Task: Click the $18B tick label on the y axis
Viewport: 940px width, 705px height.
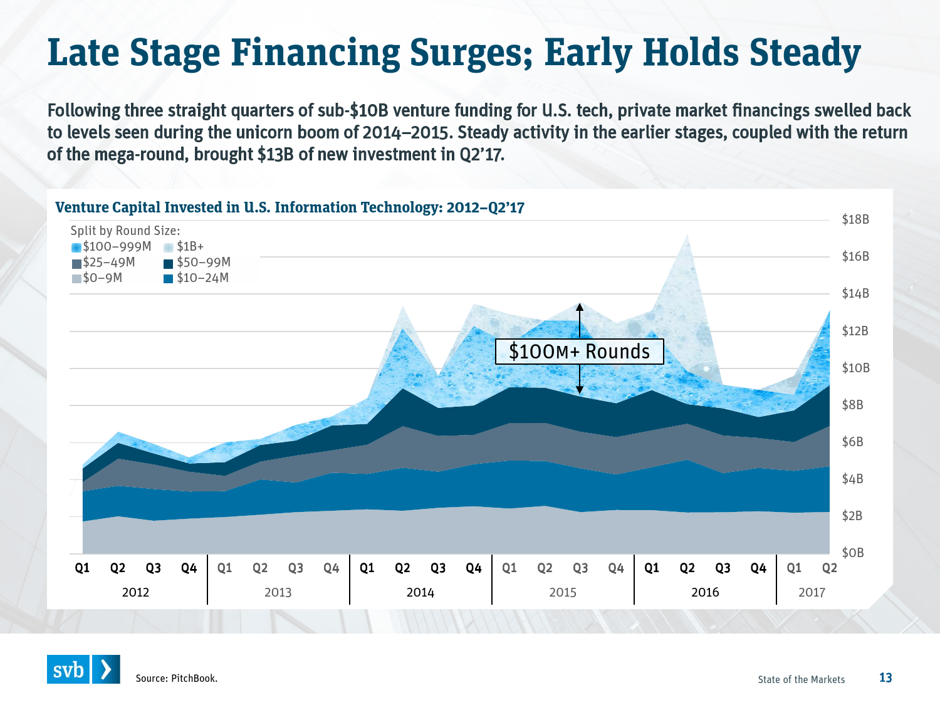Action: pyautogui.click(x=855, y=219)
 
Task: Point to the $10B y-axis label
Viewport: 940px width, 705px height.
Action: pyautogui.click(x=855, y=368)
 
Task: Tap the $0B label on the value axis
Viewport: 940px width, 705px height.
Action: pyautogui.click(x=853, y=553)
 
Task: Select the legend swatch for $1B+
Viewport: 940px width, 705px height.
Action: pyautogui.click(x=168, y=248)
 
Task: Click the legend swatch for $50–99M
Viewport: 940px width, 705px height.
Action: pyautogui.click(x=168, y=263)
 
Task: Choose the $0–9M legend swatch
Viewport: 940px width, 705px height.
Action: pyautogui.click(x=76, y=279)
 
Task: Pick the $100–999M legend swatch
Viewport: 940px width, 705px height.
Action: pyautogui.click(x=76, y=248)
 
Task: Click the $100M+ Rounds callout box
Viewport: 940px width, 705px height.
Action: pyautogui.click(x=579, y=352)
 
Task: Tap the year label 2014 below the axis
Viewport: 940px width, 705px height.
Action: pyautogui.click(x=420, y=592)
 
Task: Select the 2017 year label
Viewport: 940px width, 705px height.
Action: pyautogui.click(x=812, y=592)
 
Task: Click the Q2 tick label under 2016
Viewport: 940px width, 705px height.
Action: pyautogui.click(x=687, y=568)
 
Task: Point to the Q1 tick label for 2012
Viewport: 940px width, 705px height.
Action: pyautogui.click(x=82, y=568)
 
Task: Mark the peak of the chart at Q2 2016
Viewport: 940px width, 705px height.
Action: pyautogui.click(x=687, y=235)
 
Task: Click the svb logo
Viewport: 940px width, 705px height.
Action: pyautogui.click(x=83, y=669)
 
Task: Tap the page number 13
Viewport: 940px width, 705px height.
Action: pyautogui.click(x=885, y=677)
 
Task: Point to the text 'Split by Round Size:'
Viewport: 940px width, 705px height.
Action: pyautogui.click(x=125, y=231)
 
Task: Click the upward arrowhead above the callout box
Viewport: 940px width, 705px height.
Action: pyautogui.click(x=580, y=306)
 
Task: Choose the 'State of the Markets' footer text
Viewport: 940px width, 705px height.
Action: pyautogui.click(x=801, y=679)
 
